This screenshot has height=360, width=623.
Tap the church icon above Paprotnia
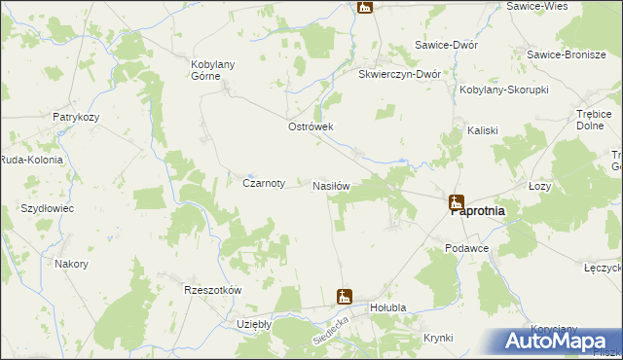(457, 202)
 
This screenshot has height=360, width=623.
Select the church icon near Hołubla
(344, 296)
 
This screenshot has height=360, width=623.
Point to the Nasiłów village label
(331, 185)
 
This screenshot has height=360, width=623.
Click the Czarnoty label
(263, 182)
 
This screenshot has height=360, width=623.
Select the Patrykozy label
(78, 117)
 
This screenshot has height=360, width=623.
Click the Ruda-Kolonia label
(31, 160)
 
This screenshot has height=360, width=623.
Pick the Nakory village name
(72, 264)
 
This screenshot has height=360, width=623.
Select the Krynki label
(438, 338)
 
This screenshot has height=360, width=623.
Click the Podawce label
(466, 249)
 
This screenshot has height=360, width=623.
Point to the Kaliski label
(483, 130)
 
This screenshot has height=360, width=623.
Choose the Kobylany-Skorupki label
(504, 90)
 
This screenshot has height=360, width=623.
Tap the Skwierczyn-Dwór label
(400, 74)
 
